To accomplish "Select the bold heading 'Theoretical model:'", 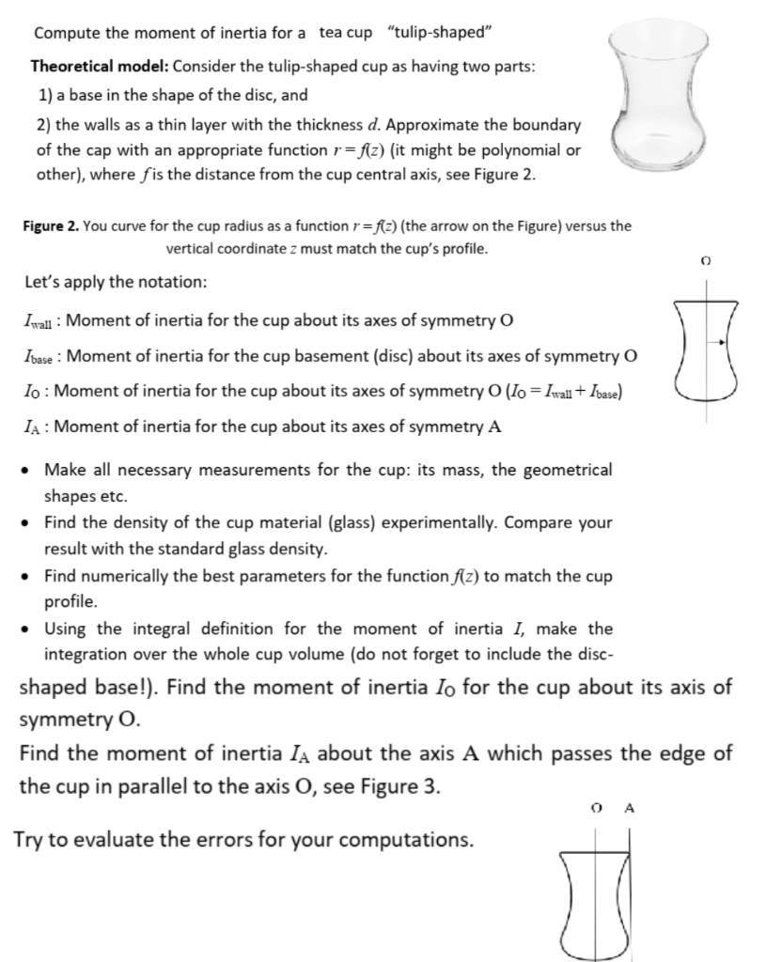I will pyautogui.click(x=100, y=68).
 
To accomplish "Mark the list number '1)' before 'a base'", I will pyautogui.click(x=43, y=96).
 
